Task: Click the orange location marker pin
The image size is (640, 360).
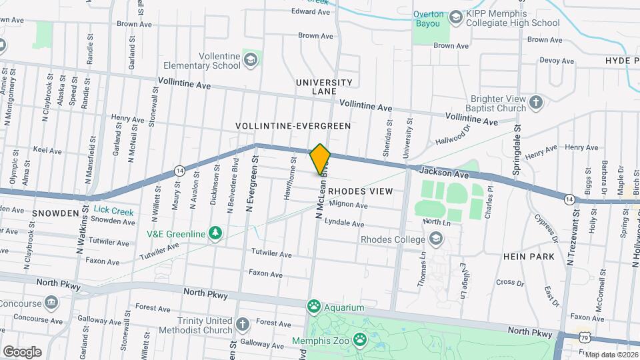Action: (320, 159)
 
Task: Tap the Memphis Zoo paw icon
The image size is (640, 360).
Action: (361, 341)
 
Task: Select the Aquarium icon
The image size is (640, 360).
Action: (314, 307)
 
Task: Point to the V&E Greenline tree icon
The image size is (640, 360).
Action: (215, 233)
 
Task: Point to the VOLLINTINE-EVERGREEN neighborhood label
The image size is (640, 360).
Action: (293, 125)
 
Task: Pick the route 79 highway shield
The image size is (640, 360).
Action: (584, 339)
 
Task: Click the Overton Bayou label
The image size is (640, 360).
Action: (428, 19)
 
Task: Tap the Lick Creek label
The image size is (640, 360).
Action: (113, 211)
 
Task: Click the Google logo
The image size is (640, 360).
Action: (22, 351)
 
